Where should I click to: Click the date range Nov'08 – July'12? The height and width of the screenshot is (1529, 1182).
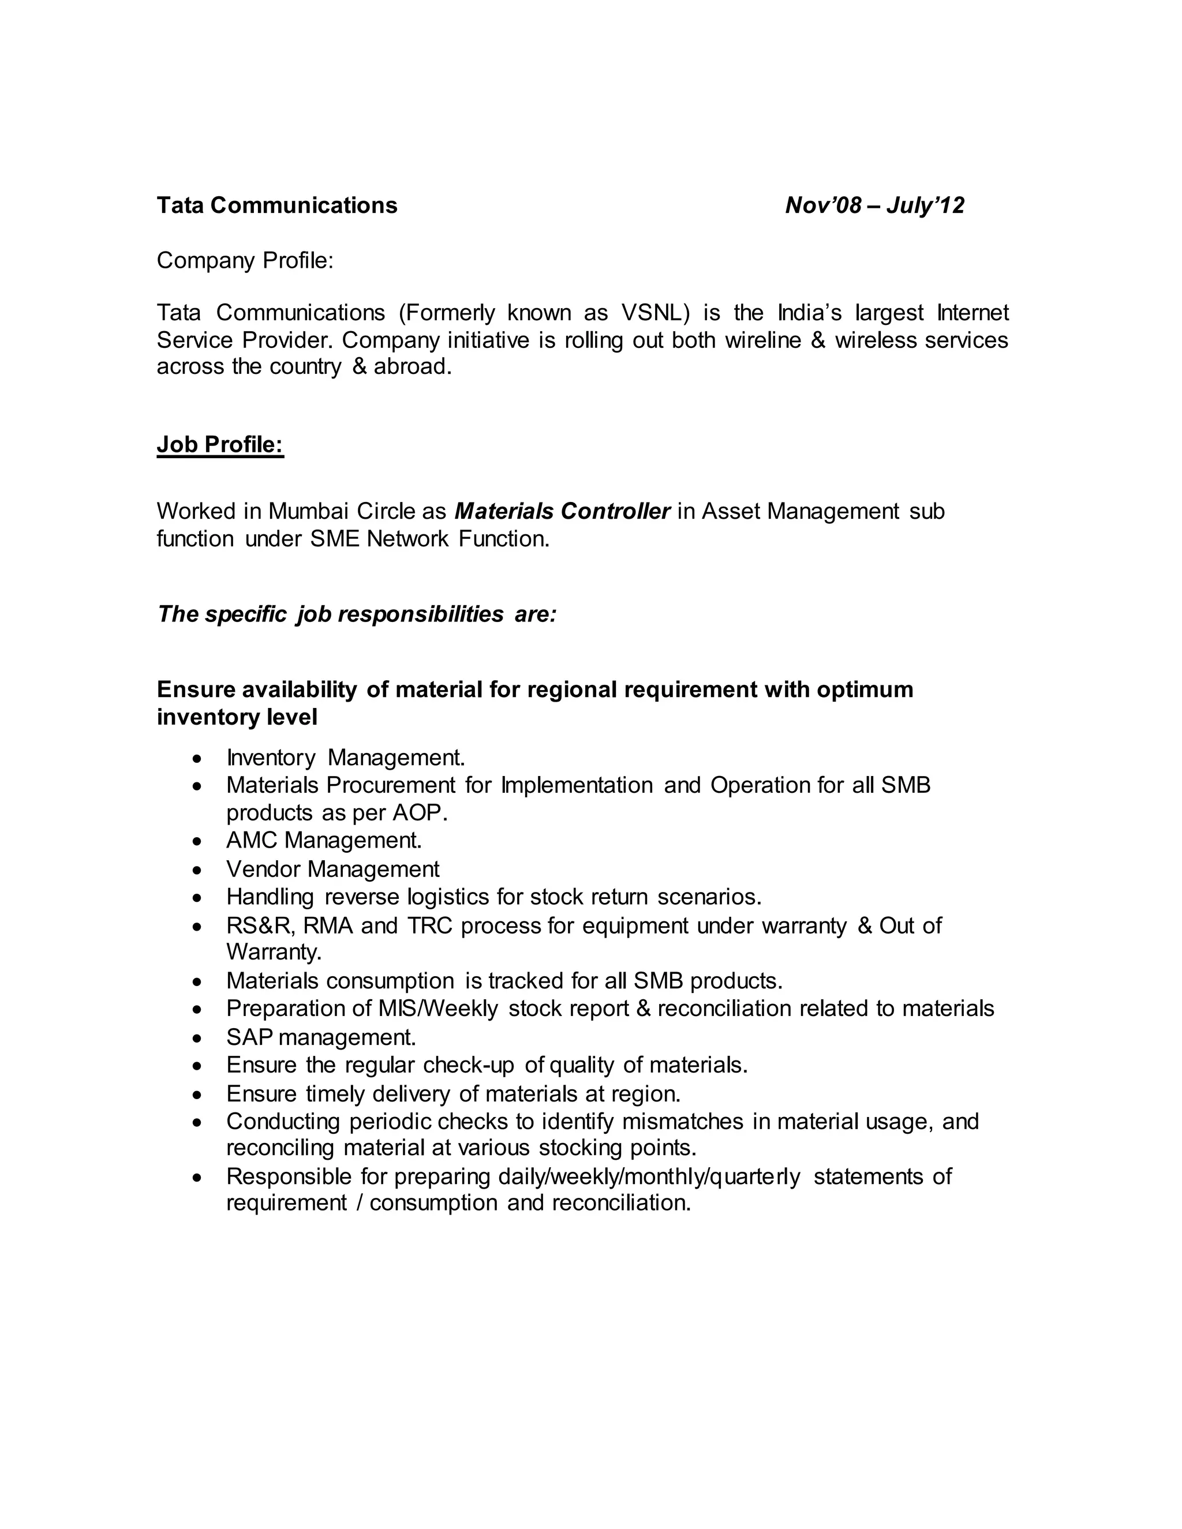(x=874, y=205)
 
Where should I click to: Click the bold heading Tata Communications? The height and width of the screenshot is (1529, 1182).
(x=276, y=205)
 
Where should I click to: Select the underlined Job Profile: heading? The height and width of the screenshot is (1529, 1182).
(x=220, y=444)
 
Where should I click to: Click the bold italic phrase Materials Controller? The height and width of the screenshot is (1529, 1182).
(x=562, y=511)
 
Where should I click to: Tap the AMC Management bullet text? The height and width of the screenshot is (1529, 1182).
(x=324, y=840)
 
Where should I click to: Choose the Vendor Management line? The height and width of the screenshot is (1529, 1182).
(x=332, y=869)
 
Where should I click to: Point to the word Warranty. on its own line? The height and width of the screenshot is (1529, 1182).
(x=274, y=952)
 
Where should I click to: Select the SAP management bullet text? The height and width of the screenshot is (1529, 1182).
(x=321, y=1037)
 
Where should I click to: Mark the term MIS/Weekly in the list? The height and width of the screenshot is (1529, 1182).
(x=437, y=1009)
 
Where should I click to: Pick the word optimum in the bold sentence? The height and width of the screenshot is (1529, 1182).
(x=865, y=689)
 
